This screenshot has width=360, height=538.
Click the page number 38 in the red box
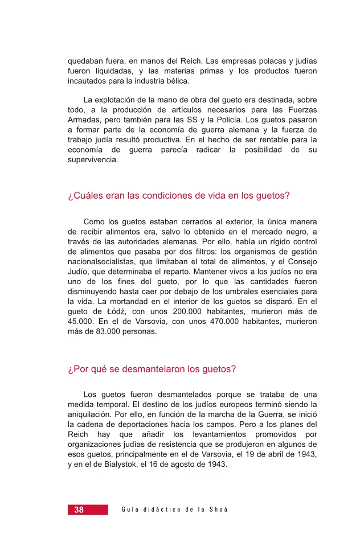(79, 510)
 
